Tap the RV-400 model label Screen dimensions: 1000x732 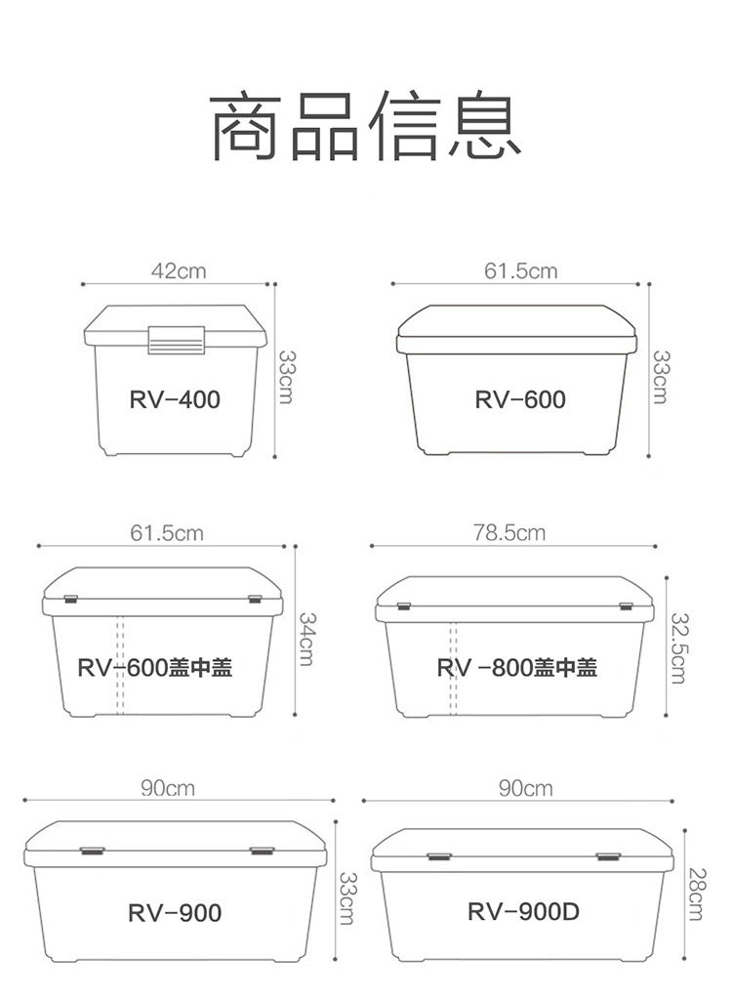[x=175, y=399]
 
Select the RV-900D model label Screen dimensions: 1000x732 [x=523, y=912]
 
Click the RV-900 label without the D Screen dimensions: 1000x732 [x=175, y=913]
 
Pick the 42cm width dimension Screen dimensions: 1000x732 [x=179, y=271]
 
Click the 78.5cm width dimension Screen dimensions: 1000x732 [x=508, y=533]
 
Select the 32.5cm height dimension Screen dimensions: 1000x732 [x=677, y=648]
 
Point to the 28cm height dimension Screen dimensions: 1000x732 [x=695, y=893]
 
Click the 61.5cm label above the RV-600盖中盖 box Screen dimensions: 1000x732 [x=167, y=533]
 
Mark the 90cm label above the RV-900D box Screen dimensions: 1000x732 [x=525, y=788]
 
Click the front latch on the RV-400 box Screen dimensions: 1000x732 [x=177, y=337]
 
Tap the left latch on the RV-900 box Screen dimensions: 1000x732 [x=92, y=852]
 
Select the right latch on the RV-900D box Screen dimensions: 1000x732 [x=608, y=856]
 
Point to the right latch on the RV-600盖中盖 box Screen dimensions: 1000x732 [x=256, y=599]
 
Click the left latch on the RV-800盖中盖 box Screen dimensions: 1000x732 [x=403, y=607]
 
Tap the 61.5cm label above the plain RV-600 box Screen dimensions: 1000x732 [x=520, y=271]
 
